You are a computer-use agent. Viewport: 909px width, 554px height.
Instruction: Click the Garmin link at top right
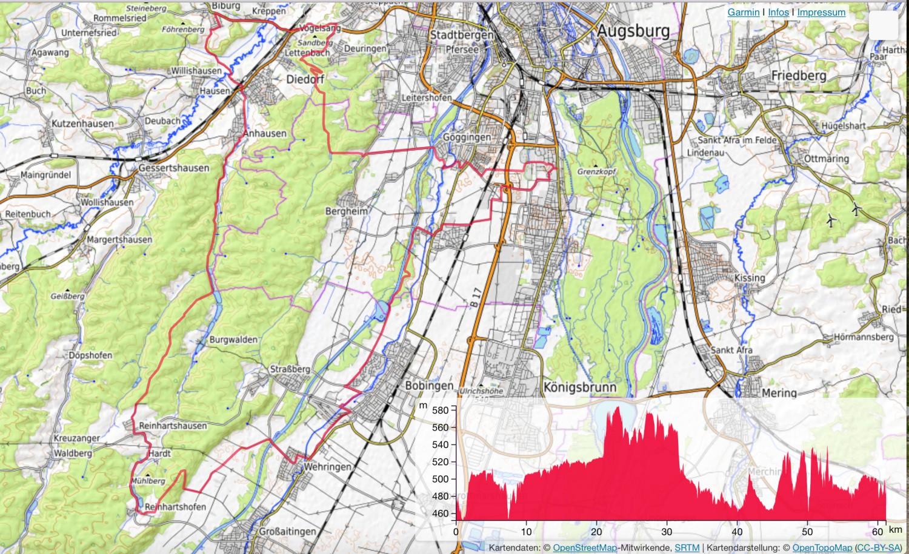pos(743,12)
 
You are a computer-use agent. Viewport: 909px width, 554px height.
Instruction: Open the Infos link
pos(778,12)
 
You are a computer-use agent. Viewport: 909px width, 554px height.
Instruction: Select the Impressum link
pos(821,12)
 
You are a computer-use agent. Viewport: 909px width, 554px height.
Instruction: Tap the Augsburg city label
pos(633,31)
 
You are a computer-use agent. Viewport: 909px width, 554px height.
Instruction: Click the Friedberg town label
pos(799,76)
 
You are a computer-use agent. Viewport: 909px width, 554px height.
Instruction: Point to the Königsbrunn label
pos(579,387)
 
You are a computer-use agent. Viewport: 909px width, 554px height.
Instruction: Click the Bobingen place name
pos(429,386)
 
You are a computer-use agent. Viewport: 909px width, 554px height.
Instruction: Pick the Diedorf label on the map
pos(305,79)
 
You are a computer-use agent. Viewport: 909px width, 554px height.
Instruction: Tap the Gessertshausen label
pos(174,168)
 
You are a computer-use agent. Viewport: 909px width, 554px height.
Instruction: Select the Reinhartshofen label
pos(175,507)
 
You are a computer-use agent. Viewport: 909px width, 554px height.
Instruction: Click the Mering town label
pos(779,393)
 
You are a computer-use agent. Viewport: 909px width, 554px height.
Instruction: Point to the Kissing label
pos(750,278)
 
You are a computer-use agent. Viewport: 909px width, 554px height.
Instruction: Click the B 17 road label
pos(476,297)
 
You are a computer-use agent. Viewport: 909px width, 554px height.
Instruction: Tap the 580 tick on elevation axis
pos(441,410)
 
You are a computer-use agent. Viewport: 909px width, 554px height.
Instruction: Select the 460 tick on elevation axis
pos(441,513)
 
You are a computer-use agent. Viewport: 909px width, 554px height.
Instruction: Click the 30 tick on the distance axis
pos(667,532)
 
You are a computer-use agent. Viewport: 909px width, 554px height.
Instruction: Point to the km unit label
pos(895,530)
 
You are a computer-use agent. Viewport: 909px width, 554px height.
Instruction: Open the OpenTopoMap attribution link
pos(822,548)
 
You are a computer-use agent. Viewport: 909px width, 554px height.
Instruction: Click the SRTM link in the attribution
pos(687,548)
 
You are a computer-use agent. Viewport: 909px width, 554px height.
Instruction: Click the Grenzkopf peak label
pos(596,172)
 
